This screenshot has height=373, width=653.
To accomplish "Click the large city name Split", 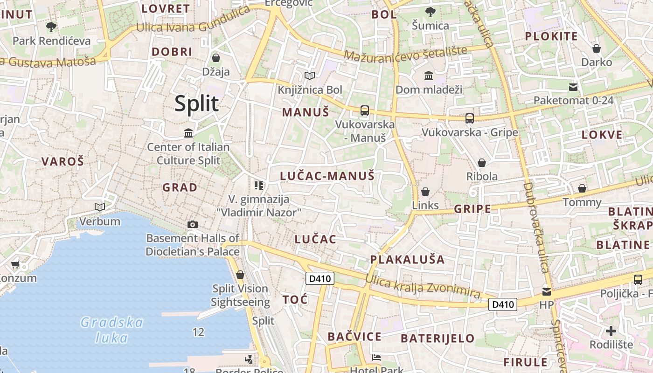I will point(196,104).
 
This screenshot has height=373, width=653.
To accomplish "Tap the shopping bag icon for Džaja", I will point(216,58).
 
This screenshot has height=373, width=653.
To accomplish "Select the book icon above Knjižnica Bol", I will point(309,76).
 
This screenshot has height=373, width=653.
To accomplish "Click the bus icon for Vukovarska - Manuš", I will point(365,111).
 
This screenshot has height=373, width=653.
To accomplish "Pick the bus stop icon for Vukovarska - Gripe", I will point(470,118).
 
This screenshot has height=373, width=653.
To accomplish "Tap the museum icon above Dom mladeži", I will point(429,75).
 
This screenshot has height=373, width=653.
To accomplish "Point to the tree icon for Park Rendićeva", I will point(51,27).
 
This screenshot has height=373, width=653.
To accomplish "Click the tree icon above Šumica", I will point(430,12).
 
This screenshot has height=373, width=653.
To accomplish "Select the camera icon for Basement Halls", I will point(192,224).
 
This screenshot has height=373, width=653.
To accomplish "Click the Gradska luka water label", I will point(112,329).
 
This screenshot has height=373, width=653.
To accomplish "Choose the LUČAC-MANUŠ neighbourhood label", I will point(327,176).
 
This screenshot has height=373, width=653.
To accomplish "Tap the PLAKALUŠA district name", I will point(407,259).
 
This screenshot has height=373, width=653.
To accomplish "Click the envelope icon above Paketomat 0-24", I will point(573,87).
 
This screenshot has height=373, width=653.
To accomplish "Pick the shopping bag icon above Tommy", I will point(582,188).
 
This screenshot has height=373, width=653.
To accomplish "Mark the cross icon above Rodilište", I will point(611,331).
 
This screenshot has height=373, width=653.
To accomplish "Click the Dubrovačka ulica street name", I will point(535,227).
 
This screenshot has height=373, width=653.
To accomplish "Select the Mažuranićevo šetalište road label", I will point(405,53).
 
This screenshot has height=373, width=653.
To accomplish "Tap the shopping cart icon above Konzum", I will point(15,265).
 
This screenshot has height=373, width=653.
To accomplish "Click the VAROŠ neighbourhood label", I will point(63,162).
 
